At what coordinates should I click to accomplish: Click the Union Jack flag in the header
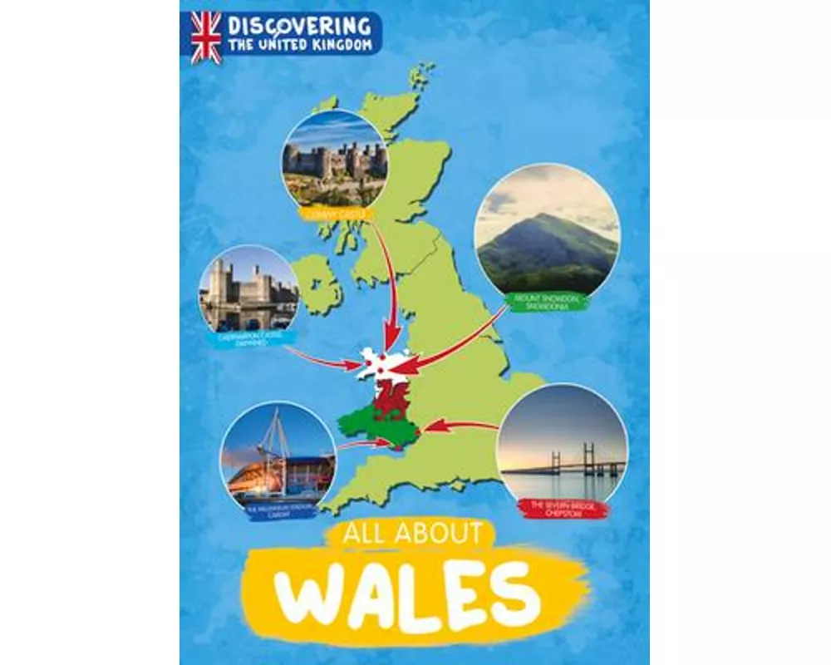206,38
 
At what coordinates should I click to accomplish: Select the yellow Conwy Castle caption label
335,215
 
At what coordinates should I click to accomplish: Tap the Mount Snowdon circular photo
547,229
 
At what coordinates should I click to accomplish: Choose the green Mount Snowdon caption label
544,301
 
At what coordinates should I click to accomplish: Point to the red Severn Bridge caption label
563,507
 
